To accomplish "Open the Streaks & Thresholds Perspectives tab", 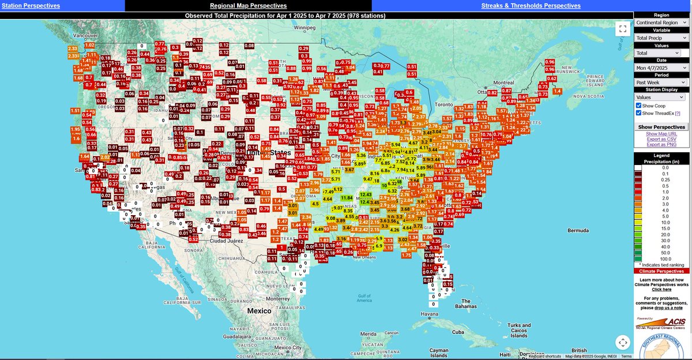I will click(531, 6).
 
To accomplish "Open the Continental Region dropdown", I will click(662, 22).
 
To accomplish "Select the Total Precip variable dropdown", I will click(662, 37).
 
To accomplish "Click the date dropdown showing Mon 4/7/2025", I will click(662, 67).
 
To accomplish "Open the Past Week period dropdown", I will click(662, 82).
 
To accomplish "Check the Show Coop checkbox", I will click(639, 105).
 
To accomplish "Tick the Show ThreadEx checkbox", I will click(639, 113).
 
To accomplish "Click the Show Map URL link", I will click(662, 134).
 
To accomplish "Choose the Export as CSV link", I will click(662, 140).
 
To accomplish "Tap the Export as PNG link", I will click(662, 145).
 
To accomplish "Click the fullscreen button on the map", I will click(622, 29).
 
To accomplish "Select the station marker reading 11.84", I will click(347, 198).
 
